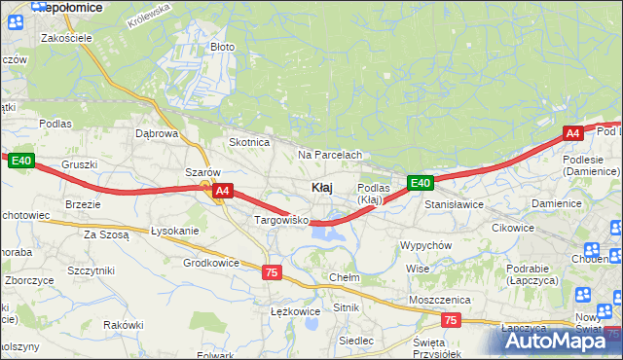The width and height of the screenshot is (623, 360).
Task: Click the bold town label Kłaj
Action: [323, 187]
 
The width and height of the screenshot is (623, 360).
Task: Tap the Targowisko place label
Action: [281, 221]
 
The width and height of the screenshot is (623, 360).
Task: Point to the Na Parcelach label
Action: [330, 155]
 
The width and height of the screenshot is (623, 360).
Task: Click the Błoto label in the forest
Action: [223, 47]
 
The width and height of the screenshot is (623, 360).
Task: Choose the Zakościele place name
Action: [66, 38]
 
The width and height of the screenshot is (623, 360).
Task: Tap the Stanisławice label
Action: [455, 205]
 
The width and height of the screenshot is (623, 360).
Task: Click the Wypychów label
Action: [425, 245]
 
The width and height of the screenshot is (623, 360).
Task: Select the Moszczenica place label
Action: [440, 300]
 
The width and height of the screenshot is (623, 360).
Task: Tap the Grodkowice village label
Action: [211, 263]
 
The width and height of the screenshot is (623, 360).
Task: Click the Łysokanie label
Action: [175, 231]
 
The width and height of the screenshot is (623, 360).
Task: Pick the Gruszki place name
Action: [80, 164]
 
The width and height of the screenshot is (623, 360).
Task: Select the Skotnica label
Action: [248, 142]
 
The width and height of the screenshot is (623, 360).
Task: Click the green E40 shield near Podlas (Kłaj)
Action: [420, 182]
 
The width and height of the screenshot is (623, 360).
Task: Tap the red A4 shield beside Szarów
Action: [223, 192]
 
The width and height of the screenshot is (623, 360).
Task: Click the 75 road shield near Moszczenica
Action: [450, 320]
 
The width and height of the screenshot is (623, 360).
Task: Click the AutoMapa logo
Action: [560, 341]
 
